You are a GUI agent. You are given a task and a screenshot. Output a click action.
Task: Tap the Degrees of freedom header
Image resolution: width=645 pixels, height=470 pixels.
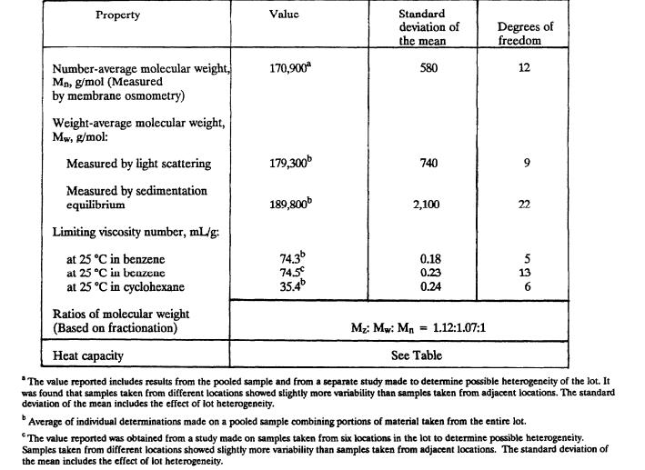525,34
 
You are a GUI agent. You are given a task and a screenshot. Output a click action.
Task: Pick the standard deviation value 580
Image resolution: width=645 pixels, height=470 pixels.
428,68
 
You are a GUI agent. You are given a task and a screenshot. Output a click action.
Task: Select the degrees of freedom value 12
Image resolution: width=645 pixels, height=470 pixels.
524,68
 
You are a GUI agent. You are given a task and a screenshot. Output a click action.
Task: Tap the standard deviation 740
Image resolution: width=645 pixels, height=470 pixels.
428,164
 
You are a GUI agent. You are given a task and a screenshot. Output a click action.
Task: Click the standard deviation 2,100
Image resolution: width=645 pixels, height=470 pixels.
427,205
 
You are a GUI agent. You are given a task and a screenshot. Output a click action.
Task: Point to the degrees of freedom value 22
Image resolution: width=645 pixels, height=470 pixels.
524,205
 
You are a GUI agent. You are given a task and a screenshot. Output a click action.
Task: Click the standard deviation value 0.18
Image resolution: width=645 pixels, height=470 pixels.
428,259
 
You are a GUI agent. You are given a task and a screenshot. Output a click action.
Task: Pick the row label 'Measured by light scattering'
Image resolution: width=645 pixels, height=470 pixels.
138,165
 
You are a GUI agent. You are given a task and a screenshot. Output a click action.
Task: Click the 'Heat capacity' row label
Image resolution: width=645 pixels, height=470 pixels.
87,356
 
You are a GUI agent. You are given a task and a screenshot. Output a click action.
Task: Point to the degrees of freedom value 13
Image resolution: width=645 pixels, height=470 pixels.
524,274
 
